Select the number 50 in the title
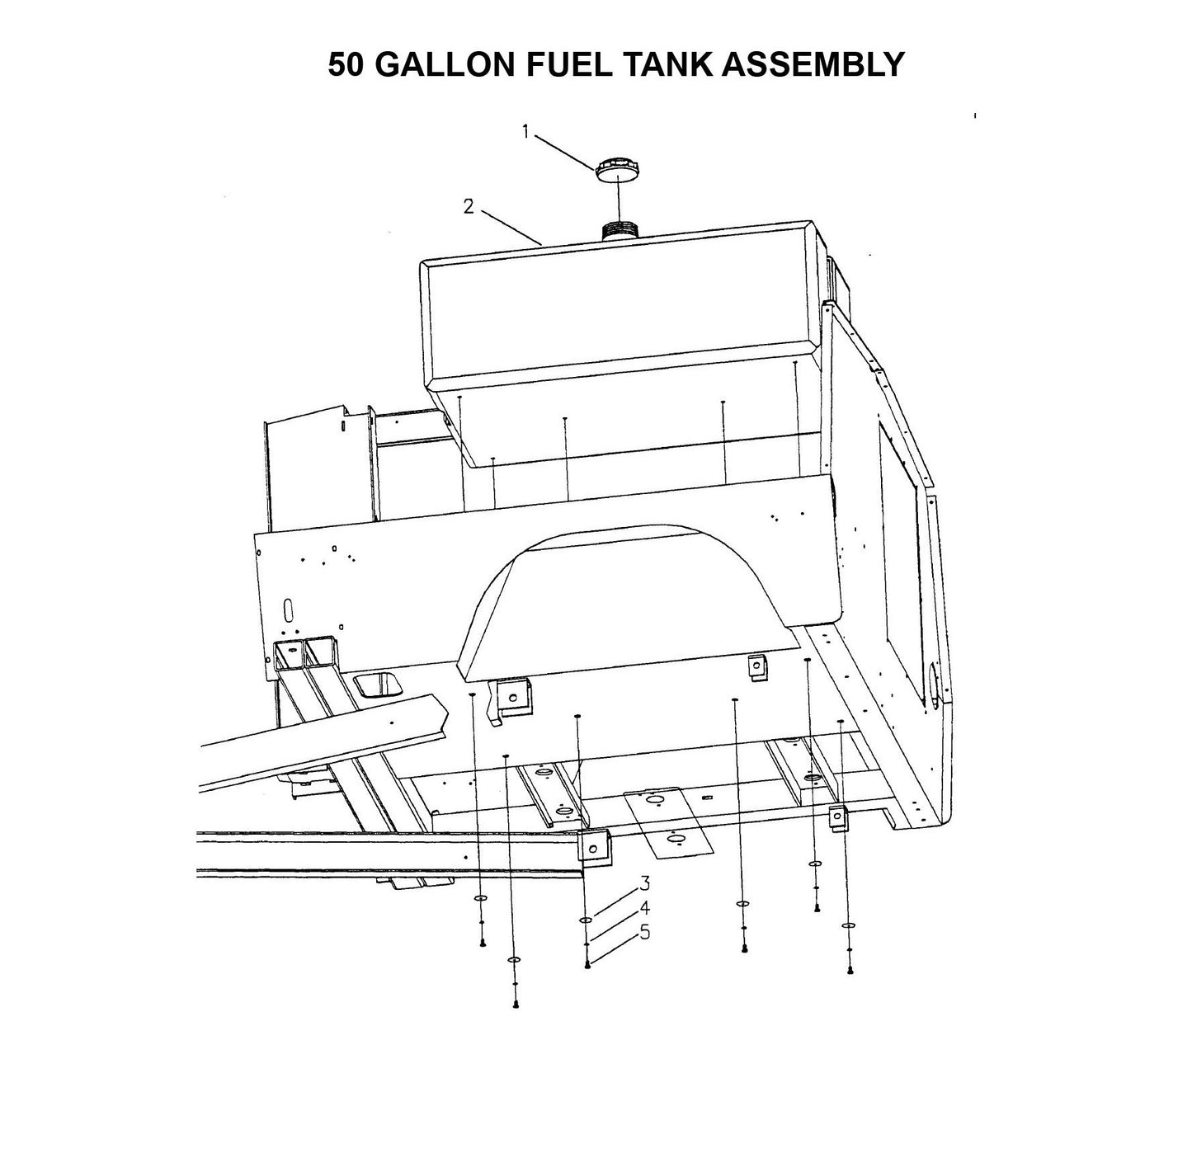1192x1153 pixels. point(346,64)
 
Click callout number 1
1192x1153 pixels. point(525,131)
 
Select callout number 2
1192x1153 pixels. point(469,206)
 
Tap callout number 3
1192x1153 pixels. point(644,884)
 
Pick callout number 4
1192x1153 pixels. point(644,908)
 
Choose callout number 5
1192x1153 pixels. point(644,932)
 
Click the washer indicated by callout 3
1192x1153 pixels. point(586,920)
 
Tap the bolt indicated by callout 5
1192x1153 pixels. point(587,964)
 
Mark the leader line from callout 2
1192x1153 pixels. point(511,226)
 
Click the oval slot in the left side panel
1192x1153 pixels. point(288,611)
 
